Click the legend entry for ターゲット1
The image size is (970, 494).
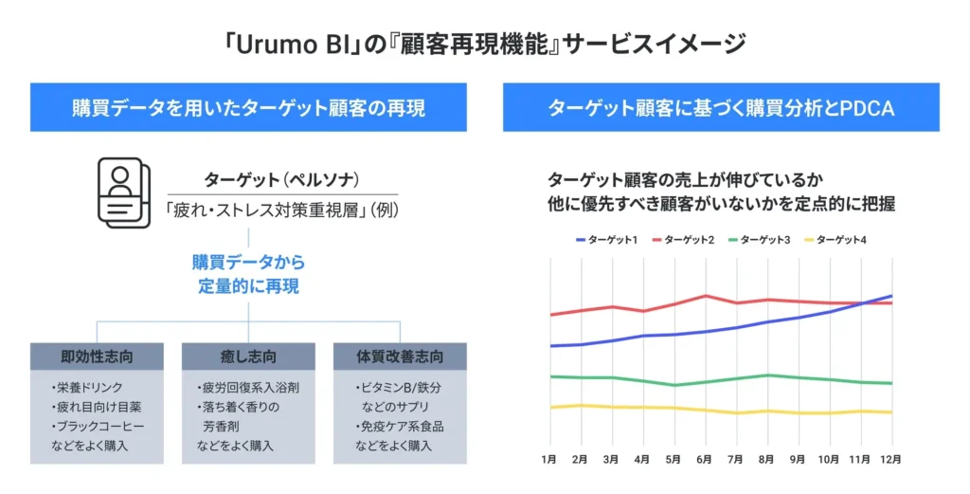click(x=605, y=239)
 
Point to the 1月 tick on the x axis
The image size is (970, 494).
click(x=549, y=459)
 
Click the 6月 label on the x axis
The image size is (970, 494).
click(x=704, y=459)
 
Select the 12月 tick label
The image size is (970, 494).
click(x=890, y=459)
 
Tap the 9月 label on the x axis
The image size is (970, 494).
click(x=798, y=459)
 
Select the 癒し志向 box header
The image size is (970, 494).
click(x=248, y=357)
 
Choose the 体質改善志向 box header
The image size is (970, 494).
click(x=400, y=357)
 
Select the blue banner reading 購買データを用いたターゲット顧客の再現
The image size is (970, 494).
click(x=248, y=107)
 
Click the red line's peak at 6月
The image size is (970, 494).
click(x=705, y=296)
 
